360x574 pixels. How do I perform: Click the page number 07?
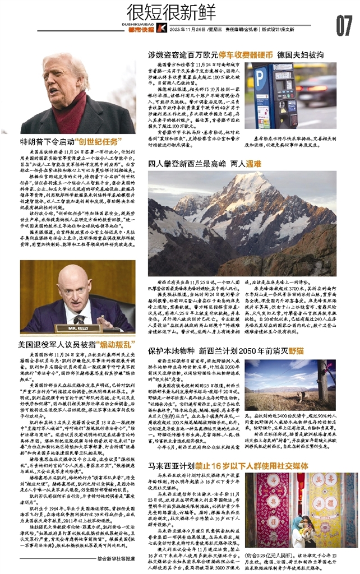343,24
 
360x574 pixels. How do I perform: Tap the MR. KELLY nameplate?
82,328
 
